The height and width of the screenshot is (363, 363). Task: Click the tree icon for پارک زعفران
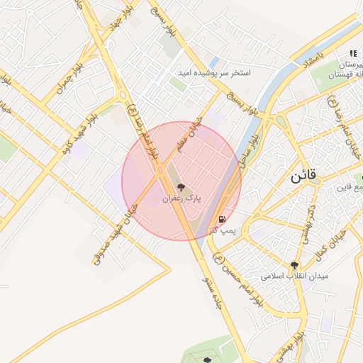182,188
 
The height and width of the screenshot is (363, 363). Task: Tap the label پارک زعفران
182,200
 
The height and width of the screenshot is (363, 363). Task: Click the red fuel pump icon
223,219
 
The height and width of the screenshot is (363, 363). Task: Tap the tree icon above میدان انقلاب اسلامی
294,264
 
